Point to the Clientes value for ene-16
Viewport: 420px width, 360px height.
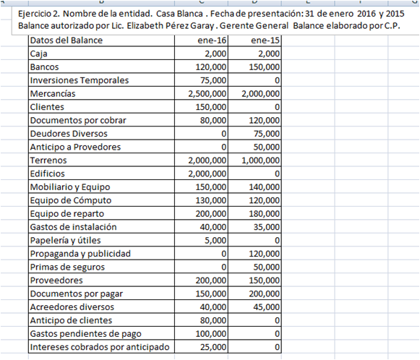210,106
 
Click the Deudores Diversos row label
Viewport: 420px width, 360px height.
69,133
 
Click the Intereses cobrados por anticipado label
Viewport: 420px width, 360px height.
100,347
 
